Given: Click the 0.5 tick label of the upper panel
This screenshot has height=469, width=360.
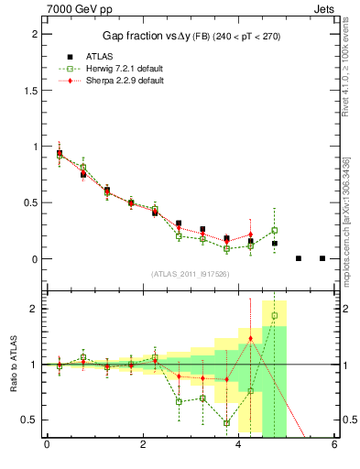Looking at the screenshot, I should point(34,202).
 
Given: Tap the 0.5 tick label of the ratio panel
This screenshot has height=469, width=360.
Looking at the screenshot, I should point(34,420).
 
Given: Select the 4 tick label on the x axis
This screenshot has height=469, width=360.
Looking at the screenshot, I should point(239,447).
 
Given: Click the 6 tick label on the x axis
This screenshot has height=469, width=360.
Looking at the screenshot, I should point(334,447).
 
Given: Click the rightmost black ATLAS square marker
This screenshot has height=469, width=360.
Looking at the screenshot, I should point(322,258).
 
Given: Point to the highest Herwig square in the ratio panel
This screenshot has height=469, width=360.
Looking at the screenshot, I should point(274,316).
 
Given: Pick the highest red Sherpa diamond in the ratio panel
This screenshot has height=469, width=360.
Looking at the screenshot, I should point(250,339).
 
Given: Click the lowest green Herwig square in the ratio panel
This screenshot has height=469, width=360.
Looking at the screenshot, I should point(226,423).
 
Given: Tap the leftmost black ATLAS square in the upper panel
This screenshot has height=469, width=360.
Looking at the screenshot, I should point(60,154).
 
